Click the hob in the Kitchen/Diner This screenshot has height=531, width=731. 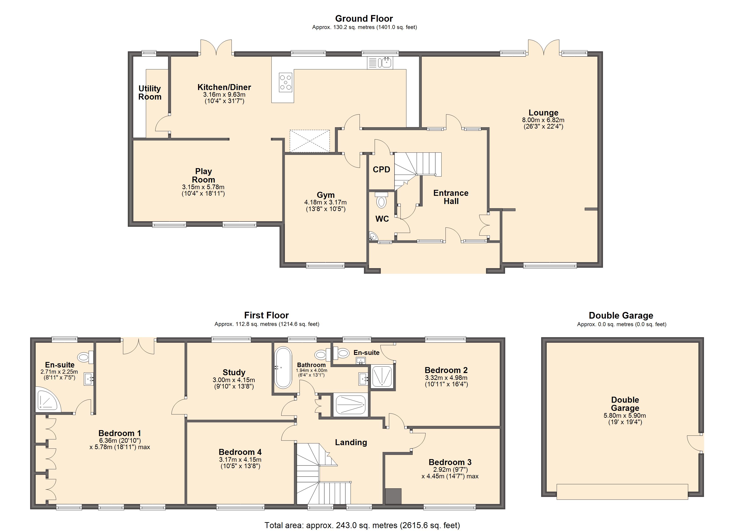286,83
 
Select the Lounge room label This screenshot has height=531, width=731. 543,113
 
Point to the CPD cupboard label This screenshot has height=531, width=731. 382,170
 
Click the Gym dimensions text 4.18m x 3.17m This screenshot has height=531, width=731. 326,202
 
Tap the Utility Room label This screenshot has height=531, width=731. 150,93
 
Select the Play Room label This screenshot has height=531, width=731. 203,175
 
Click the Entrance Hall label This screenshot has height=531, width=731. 451,197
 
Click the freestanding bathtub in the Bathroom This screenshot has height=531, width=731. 283,367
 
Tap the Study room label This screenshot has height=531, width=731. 234,373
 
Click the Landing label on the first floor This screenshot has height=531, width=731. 351,442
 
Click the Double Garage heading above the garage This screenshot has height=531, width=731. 621,316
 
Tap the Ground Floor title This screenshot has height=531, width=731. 364,19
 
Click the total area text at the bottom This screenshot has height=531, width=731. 362,525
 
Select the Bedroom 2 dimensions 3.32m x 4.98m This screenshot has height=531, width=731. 446,378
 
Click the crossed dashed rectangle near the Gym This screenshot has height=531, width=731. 310,141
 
